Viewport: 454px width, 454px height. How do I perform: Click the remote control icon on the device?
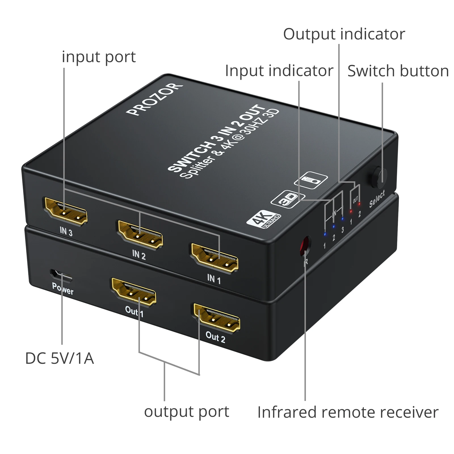point(311,180)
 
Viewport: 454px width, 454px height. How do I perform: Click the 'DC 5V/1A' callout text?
point(59,358)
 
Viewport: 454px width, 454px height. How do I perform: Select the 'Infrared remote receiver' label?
point(348,412)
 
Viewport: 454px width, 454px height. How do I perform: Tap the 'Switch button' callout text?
point(398,71)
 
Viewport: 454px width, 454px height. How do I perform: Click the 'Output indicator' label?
point(344,34)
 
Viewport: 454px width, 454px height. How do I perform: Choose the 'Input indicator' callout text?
point(279,71)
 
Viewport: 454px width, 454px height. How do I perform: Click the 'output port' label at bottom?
point(186,412)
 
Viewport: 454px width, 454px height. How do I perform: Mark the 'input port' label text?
point(99,57)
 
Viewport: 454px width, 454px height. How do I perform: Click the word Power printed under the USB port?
point(63,289)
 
